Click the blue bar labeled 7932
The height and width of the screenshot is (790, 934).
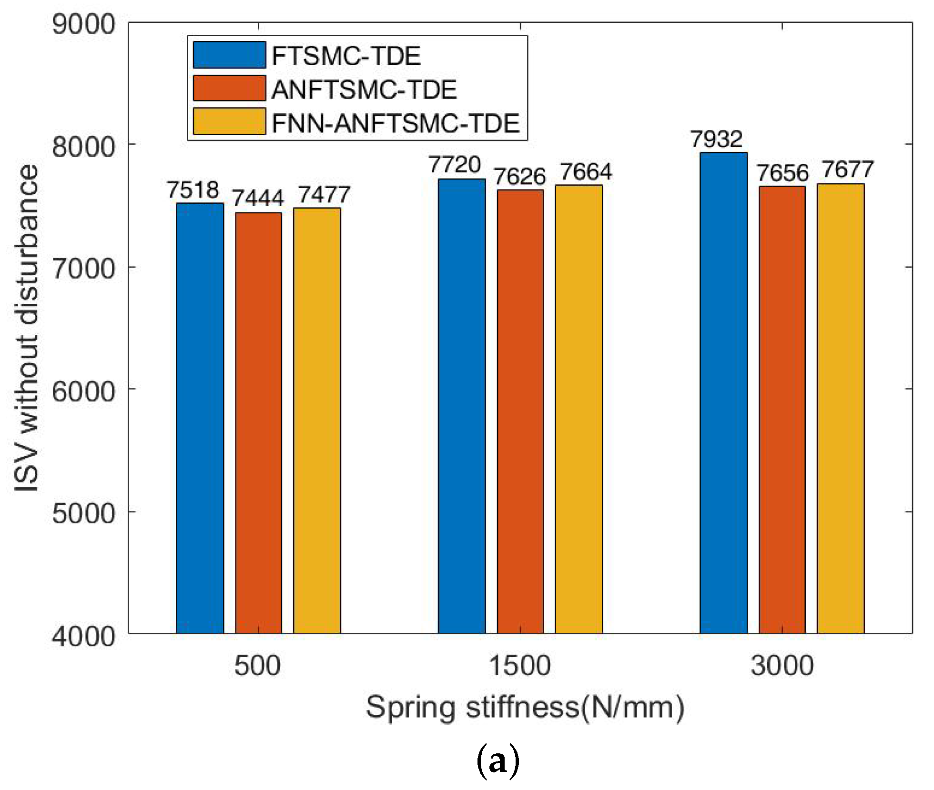point(723,393)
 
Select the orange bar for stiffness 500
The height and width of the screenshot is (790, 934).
point(258,423)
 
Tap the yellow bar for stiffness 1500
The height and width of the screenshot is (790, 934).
point(579,409)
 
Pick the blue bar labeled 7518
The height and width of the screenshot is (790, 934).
point(200,418)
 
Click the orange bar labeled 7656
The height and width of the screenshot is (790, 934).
point(782,410)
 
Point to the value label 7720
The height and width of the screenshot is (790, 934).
point(455,165)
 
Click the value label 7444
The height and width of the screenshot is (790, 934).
point(258,198)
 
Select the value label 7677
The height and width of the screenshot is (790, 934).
point(848,170)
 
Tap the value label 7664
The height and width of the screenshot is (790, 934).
point(586,172)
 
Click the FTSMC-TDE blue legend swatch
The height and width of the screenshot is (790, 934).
point(229,55)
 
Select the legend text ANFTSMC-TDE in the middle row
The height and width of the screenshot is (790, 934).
point(364,90)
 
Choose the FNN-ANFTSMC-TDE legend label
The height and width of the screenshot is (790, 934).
point(395,123)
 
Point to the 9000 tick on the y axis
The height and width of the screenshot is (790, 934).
point(84,24)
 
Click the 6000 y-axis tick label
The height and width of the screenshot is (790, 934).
point(84,391)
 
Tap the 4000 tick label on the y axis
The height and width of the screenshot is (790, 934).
point(84,636)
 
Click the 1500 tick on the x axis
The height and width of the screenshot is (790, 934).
point(520,666)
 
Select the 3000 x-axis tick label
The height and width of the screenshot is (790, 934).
point(782,666)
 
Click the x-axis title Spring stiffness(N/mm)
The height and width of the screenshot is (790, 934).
point(525,707)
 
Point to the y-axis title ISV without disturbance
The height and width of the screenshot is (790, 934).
point(26,328)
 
